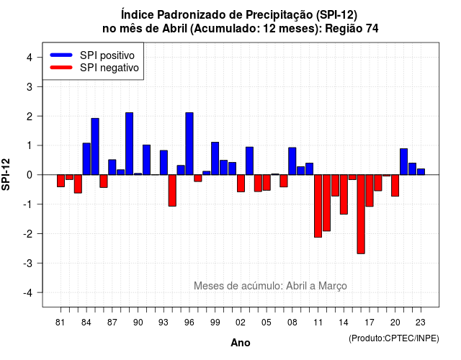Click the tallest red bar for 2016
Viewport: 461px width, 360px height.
tap(361, 215)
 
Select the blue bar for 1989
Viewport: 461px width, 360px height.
tap(130, 144)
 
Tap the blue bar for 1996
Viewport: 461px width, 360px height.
tap(189, 144)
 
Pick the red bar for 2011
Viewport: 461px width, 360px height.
tap(318, 206)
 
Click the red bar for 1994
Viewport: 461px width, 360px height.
tap(172, 190)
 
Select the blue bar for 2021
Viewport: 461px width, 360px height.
tap(403, 161)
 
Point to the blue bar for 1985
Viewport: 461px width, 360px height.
tap(95, 147)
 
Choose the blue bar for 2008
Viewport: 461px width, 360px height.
tap(292, 161)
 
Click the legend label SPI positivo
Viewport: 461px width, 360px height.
tap(107, 55)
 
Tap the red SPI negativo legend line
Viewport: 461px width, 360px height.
tap(61, 68)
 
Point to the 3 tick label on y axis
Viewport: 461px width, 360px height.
tap(30, 86)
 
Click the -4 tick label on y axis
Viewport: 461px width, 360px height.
tap(27, 293)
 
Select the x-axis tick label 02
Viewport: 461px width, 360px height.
tap(241, 323)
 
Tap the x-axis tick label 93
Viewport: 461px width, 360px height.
tap(164, 323)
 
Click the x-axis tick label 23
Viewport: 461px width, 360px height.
tap(421, 323)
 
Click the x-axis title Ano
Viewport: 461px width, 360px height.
tap(241, 343)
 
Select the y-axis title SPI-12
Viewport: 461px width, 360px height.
tap(6, 174)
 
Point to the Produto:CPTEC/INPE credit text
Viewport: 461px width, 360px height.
tap(394, 338)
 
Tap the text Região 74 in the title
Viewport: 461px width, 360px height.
tap(352, 29)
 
